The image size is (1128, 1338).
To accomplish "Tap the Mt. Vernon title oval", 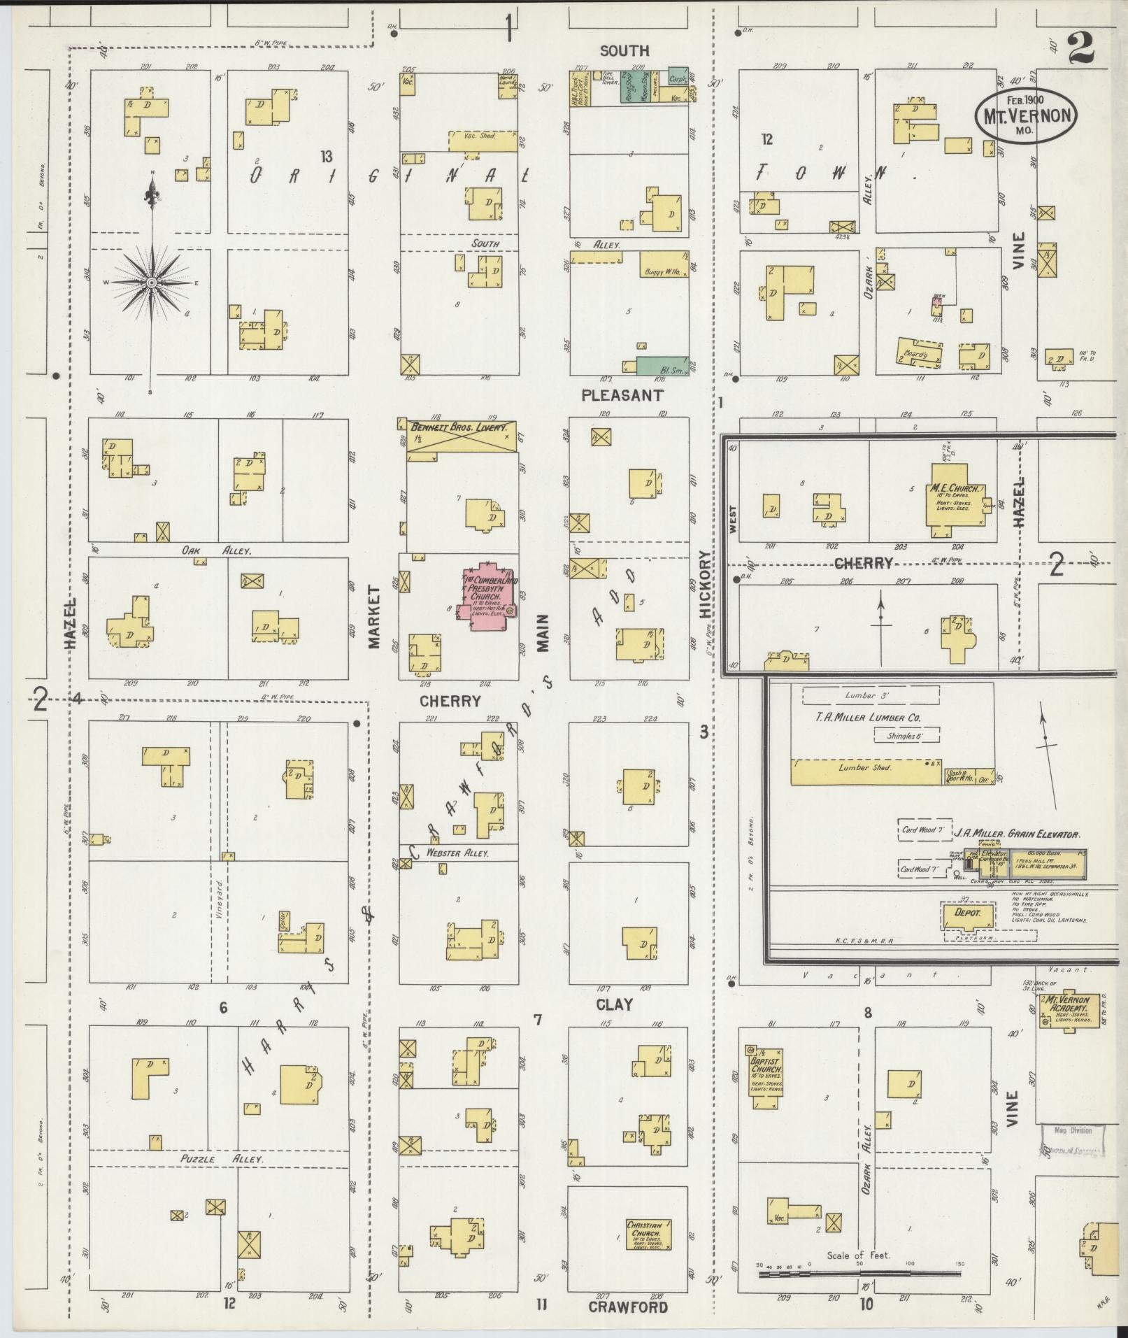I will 1026,115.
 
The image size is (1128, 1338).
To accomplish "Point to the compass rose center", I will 151,282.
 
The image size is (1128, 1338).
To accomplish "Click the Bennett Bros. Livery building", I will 462,441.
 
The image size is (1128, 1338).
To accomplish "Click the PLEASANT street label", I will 622,396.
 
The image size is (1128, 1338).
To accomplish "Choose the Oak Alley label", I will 216,551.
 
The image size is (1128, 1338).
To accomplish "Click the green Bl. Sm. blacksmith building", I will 662,366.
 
